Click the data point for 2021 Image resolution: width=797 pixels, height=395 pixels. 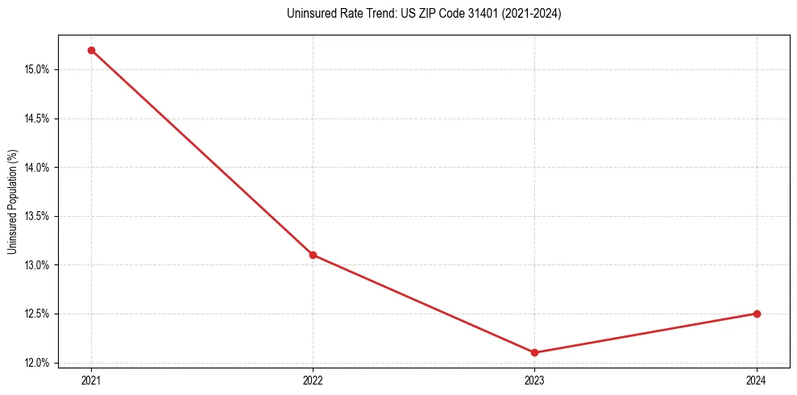(x=91, y=50)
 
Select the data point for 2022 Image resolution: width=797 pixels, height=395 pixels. (x=313, y=255)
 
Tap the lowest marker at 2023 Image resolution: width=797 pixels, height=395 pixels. (x=534, y=352)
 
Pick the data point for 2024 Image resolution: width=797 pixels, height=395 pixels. (x=757, y=314)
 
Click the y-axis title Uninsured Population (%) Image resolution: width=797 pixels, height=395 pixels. (x=12, y=201)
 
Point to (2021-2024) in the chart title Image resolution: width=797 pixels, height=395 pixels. (x=528, y=14)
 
